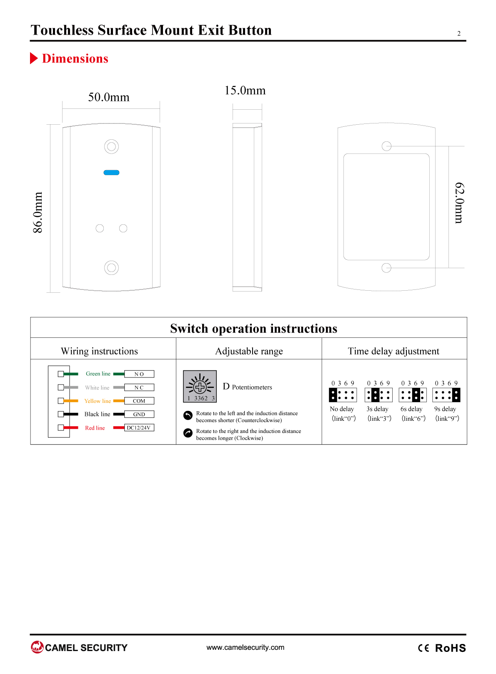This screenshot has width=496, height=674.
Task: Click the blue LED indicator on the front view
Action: tap(111, 172)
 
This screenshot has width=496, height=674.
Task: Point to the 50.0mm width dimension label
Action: tap(108, 97)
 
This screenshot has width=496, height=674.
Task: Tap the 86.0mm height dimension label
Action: tap(38, 212)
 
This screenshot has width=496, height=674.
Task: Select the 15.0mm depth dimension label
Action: tap(245, 91)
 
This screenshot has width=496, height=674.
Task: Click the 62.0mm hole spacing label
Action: tap(460, 203)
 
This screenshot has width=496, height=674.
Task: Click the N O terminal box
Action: tap(139, 374)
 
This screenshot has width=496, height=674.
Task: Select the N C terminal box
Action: tap(139, 387)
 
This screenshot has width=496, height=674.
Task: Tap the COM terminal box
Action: tap(139, 401)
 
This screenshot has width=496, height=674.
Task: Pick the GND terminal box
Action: tap(139, 414)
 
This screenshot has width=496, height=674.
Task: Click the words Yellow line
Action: tap(98, 401)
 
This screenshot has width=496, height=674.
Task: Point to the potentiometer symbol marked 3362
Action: tap(200, 386)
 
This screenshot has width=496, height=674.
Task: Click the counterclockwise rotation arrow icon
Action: tap(188, 415)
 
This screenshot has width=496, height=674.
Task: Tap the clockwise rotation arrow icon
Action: tap(188, 433)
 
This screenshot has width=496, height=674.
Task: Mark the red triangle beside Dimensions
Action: tap(34, 58)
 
